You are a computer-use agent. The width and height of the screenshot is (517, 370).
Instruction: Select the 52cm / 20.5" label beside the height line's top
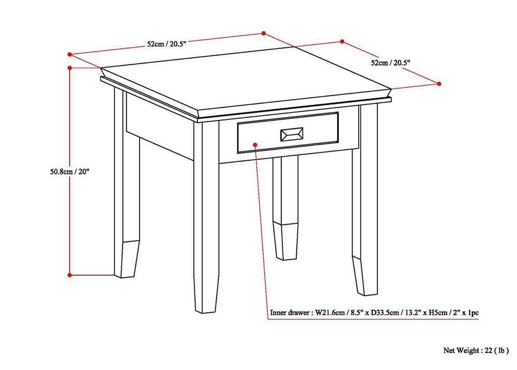pos(166,44)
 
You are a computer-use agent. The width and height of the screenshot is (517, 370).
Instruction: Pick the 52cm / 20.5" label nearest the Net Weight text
pos(390,63)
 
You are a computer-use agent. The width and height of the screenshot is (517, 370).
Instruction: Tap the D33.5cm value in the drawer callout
pos(383,313)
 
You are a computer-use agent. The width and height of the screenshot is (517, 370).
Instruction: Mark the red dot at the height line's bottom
pos(70,275)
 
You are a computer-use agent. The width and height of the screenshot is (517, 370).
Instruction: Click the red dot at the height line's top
pos(70,67)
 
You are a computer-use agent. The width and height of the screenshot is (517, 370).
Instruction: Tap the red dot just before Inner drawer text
pos(267,313)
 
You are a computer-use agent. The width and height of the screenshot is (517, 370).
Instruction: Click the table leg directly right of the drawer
pos(365,196)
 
